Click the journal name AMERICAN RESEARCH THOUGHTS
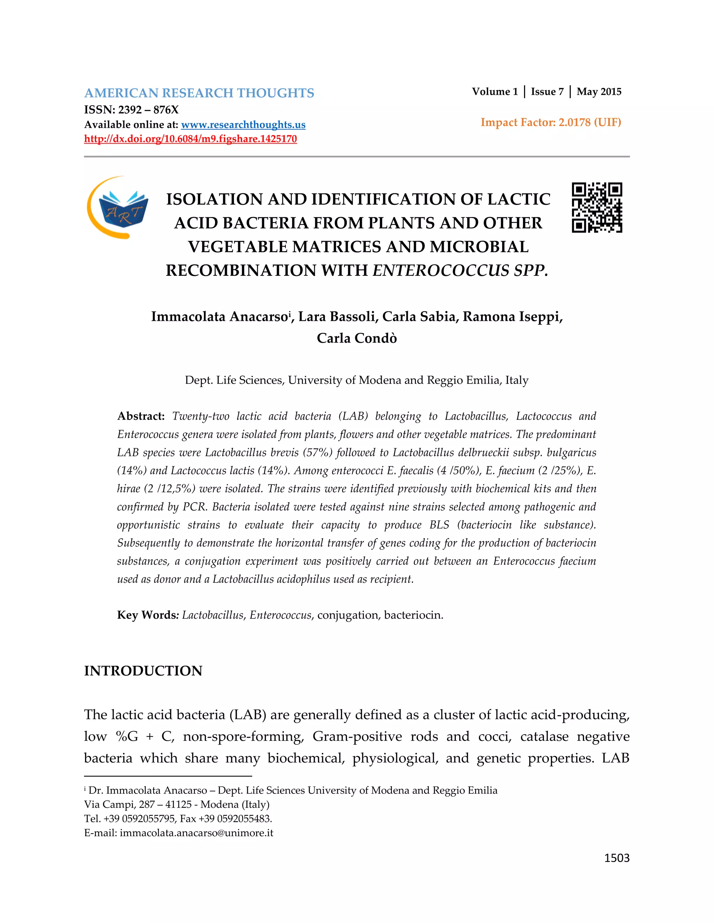(199, 93)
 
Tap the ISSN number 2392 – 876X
(148, 110)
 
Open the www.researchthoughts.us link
(243, 125)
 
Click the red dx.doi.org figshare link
(190, 139)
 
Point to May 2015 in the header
(599, 92)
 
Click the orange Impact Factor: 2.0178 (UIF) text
(551, 122)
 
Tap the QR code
(597, 208)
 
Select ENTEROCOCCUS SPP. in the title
(460, 271)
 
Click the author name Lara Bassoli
(336, 317)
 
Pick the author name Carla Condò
(357, 338)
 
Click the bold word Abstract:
(141, 416)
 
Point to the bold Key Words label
(147, 615)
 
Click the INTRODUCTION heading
(143, 671)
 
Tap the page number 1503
(616, 858)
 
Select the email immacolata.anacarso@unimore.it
(196, 833)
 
